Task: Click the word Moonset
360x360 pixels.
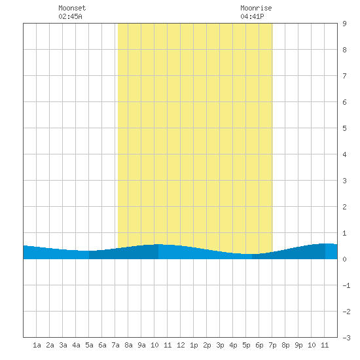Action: [x=72, y=8]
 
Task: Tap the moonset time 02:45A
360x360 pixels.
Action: [x=70, y=16]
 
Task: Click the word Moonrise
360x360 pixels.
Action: [x=256, y=8]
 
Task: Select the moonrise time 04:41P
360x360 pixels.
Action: [x=252, y=16]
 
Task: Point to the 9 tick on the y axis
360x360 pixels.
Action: [x=344, y=24]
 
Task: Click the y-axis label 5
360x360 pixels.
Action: [x=344, y=128]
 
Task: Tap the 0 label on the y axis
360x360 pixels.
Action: [x=344, y=259]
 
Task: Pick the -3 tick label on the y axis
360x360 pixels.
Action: [x=346, y=338]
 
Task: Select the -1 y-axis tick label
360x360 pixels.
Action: [x=346, y=285]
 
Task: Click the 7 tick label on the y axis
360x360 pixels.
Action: [x=344, y=76]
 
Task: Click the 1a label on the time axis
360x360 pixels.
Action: [x=37, y=345]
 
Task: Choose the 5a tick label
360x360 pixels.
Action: [x=89, y=345]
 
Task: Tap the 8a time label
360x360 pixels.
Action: [x=128, y=345]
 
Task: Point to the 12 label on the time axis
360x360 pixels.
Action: [x=181, y=345]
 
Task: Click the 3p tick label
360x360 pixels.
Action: [x=220, y=345]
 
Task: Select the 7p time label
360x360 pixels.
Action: [x=272, y=345]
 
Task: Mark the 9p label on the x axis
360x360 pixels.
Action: [x=298, y=345]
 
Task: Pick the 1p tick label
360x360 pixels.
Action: [x=194, y=345]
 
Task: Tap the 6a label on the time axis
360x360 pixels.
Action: [x=102, y=345]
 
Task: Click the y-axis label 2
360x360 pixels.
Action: [x=344, y=207]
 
